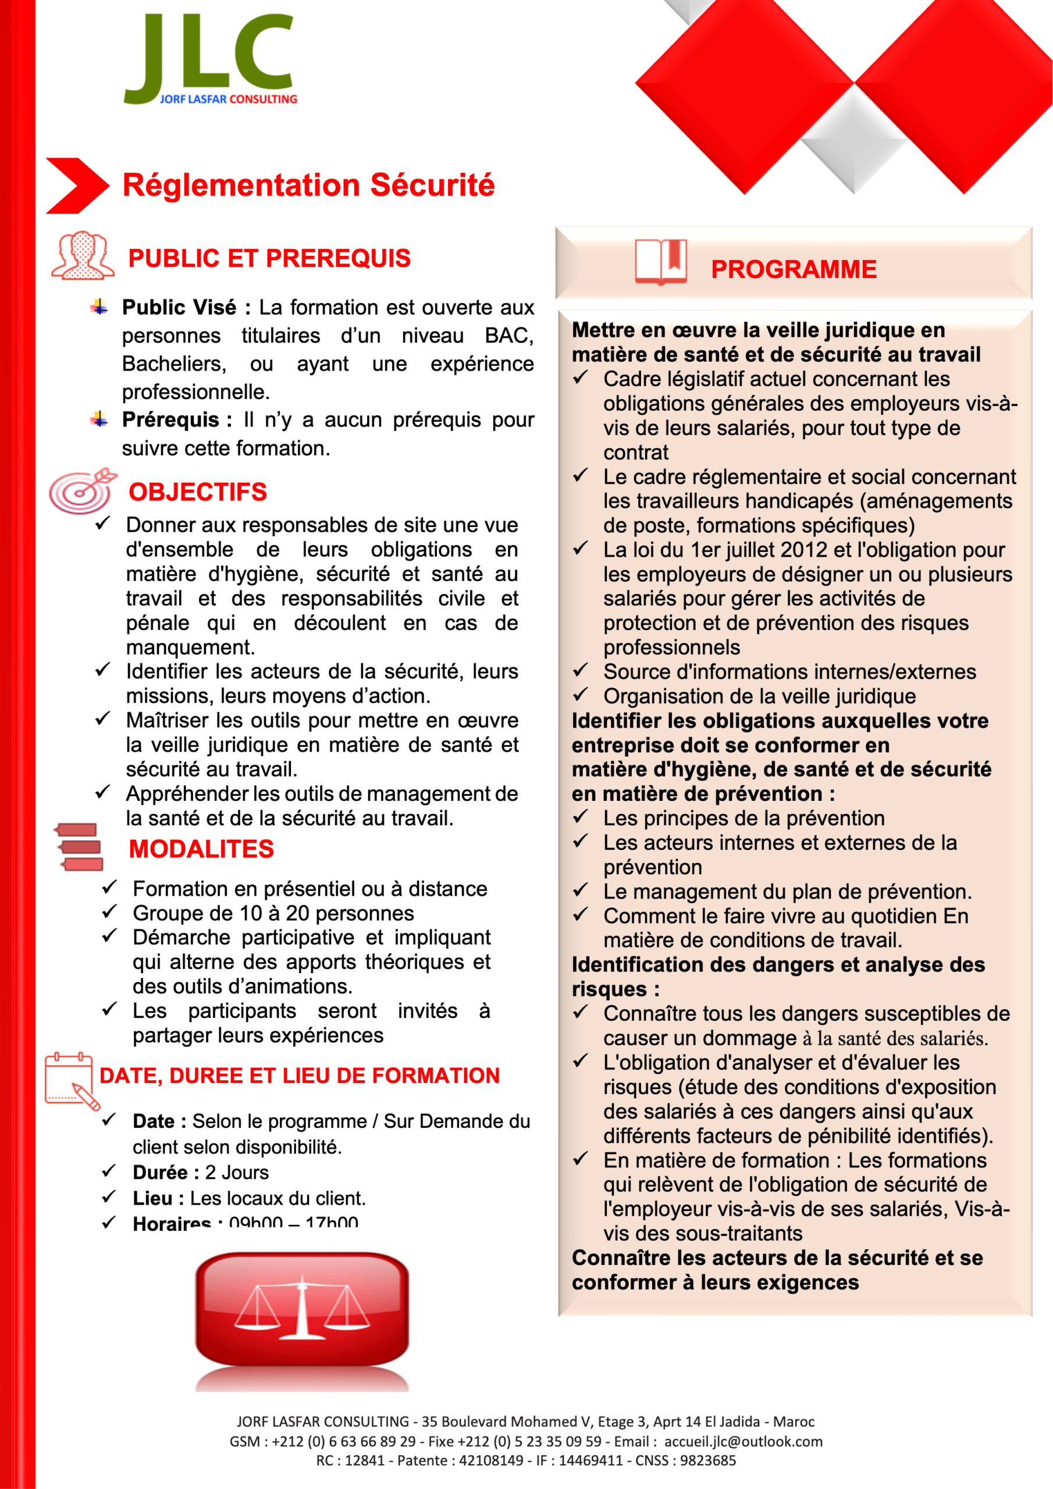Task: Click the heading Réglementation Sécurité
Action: [308, 186]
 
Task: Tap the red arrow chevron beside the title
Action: [77, 186]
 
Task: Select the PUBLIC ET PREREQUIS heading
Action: [269, 258]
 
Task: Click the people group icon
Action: [83, 255]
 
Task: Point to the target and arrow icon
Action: [83, 490]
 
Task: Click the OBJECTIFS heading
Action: [197, 492]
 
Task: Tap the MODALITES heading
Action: [201, 850]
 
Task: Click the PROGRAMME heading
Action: [793, 270]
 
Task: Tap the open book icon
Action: [660, 262]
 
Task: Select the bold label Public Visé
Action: [179, 308]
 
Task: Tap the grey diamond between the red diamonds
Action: [854, 140]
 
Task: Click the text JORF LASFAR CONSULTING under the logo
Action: [229, 99]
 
